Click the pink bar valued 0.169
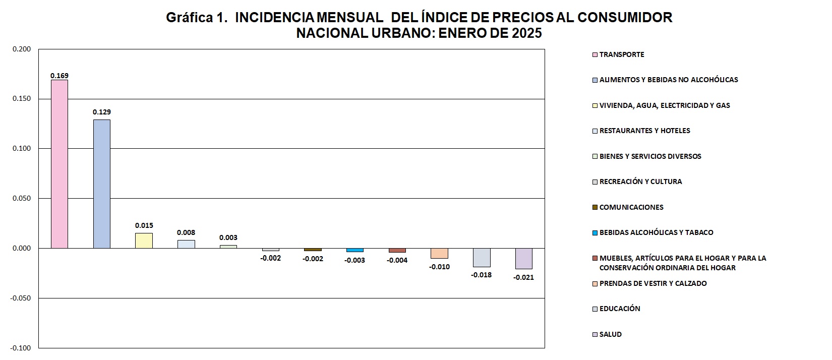pyautogui.click(x=60, y=164)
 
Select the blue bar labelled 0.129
pyautogui.click(x=101, y=184)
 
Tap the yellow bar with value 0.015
pyautogui.click(x=144, y=241)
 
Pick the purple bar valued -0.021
pyautogui.click(x=524, y=258)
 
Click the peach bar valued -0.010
pyautogui.click(x=439, y=253)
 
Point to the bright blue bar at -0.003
pyautogui.click(x=355, y=250)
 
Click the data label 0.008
pyautogui.click(x=186, y=233)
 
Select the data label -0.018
pyautogui.click(x=482, y=275)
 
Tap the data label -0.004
pyautogui.click(x=397, y=261)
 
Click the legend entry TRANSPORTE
pyautogui.click(x=621, y=54)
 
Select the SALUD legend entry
pyautogui.click(x=610, y=334)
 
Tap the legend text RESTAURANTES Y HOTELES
pyautogui.click(x=644, y=131)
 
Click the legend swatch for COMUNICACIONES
pyautogui.click(x=595, y=207)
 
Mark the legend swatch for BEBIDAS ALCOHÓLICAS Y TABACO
pyautogui.click(x=595, y=232)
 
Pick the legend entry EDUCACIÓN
pyautogui.click(x=620, y=309)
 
